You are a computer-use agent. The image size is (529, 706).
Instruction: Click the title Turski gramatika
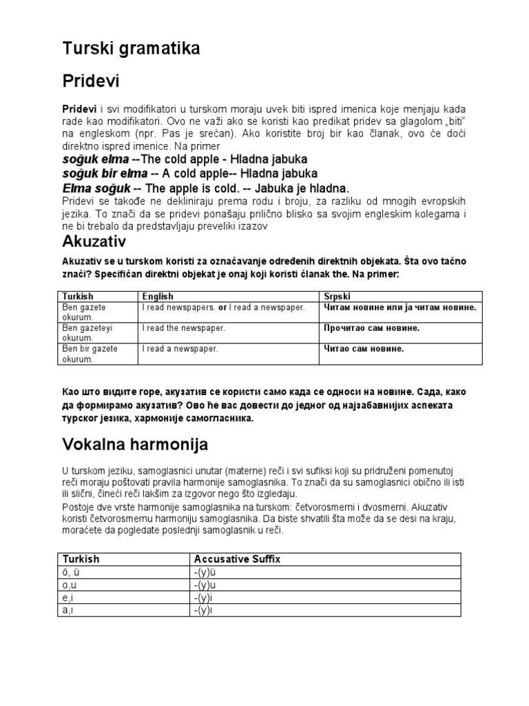(131, 49)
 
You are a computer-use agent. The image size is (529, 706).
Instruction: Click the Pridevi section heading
(91, 81)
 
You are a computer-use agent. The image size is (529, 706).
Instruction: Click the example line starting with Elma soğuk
(206, 188)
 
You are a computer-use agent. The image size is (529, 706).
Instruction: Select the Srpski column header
(338, 296)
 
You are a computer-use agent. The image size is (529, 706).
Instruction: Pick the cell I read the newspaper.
(184, 328)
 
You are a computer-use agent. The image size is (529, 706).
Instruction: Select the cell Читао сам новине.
(364, 349)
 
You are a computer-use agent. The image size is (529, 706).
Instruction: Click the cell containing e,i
(68, 598)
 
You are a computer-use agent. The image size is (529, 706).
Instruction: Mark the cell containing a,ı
(68, 610)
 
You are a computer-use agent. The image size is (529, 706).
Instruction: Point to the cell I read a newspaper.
(180, 349)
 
